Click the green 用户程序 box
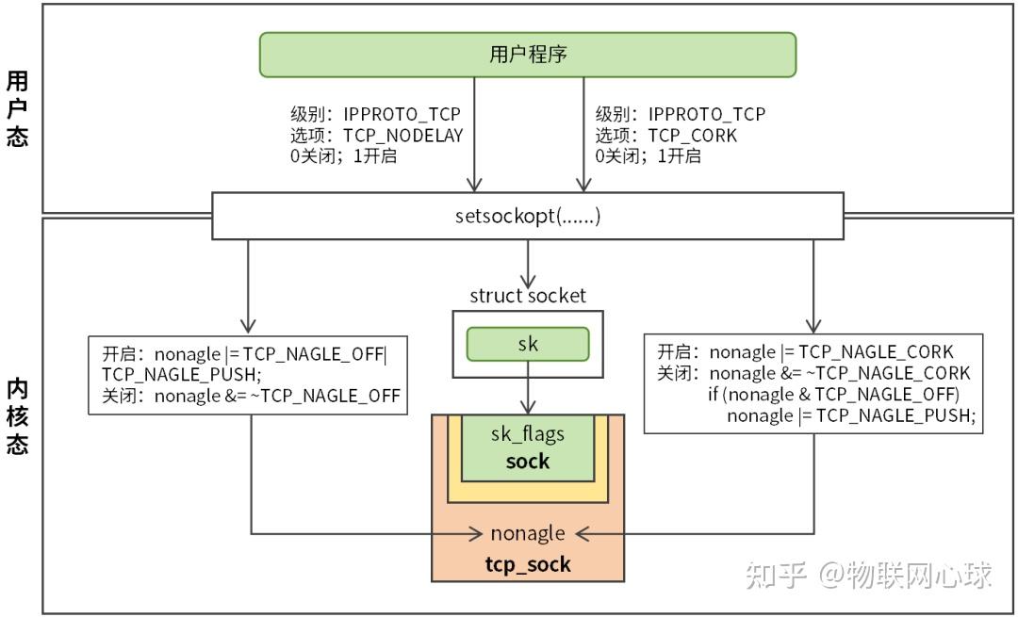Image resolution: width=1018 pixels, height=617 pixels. (528, 55)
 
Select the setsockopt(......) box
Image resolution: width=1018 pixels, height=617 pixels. (528, 216)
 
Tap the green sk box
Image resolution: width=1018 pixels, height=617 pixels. (528, 344)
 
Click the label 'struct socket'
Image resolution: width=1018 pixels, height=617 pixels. (528, 296)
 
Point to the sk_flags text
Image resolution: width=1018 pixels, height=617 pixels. (528, 433)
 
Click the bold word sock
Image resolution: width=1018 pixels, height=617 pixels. (528, 461)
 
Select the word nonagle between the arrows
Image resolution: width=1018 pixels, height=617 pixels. (528, 533)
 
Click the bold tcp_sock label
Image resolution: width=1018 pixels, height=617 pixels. (528, 564)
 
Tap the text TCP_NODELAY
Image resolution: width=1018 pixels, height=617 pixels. (402, 135)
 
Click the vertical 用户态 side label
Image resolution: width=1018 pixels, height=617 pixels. (17, 108)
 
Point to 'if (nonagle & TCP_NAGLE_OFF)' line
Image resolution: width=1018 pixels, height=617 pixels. (833, 394)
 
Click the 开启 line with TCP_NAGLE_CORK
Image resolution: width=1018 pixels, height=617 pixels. (805, 352)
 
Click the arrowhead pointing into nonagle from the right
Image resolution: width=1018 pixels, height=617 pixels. (582, 534)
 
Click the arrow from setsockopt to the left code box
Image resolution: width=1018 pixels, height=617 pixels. (250, 283)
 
